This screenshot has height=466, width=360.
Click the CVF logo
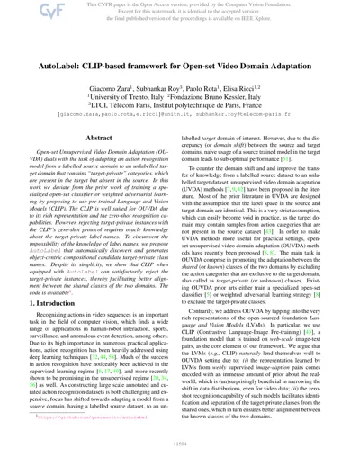coord(20,15)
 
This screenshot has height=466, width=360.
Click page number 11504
coord(179,456)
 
